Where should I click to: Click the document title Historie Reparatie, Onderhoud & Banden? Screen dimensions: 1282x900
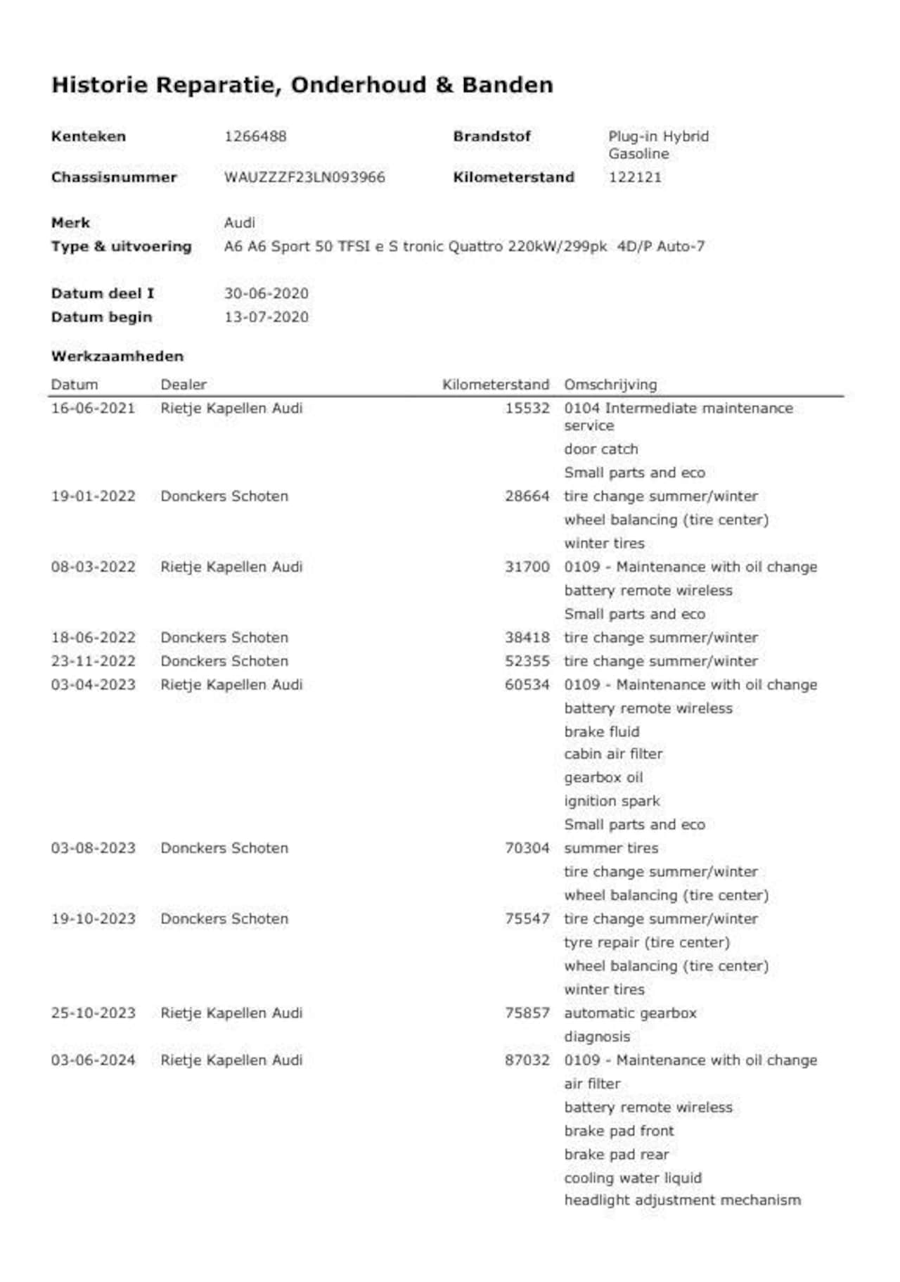(x=302, y=85)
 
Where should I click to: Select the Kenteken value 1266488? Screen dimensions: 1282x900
(x=255, y=136)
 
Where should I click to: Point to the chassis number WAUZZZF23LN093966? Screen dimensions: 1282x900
(x=304, y=177)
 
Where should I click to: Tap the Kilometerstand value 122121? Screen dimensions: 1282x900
(x=635, y=177)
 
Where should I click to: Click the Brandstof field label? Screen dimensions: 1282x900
(x=491, y=136)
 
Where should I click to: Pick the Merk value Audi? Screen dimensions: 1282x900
(x=239, y=223)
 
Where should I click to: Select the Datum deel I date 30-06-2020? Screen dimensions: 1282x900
(x=266, y=293)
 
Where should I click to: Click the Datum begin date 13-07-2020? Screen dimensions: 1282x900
(x=266, y=317)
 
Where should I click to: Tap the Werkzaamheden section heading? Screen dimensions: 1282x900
(x=117, y=357)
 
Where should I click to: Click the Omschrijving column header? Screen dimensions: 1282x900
(x=610, y=385)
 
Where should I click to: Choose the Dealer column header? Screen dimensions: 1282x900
(x=184, y=385)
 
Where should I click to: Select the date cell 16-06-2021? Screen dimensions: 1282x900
(x=93, y=409)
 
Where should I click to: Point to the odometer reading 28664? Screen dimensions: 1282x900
(x=527, y=496)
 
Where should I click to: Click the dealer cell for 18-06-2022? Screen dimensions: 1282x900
(x=224, y=638)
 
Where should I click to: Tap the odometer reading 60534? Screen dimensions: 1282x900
(x=527, y=685)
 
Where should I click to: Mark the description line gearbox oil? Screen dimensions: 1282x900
(x=603, y=778)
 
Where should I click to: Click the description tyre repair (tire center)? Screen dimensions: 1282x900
(x=646, y=942)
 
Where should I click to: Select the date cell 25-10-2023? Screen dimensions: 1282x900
(x=93, y=1013)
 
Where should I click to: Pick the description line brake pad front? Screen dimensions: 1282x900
(x=619, y=1131)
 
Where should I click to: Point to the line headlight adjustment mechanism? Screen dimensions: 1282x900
(x=682, y=1200)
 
